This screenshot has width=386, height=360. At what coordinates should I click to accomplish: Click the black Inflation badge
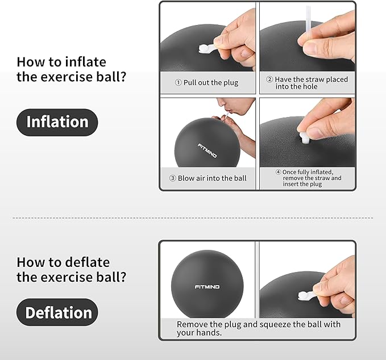coord(57,122)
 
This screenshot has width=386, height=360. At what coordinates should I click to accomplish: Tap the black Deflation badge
coord(57,312)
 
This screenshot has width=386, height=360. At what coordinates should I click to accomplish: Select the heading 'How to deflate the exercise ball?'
coord(71,270)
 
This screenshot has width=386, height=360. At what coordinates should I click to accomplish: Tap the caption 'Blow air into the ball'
coord(211,178)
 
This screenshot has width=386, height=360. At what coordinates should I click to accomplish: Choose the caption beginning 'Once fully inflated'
coord(312,178)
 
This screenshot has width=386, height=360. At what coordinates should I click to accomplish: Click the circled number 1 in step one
coord(179,82)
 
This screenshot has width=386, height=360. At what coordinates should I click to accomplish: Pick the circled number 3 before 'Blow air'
coord(173,178)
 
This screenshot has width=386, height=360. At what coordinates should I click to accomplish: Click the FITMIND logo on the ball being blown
coord(207,151)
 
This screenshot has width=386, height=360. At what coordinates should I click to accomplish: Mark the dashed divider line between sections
coord(193,217)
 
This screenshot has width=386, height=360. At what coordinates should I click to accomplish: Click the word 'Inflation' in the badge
coord(57,122)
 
